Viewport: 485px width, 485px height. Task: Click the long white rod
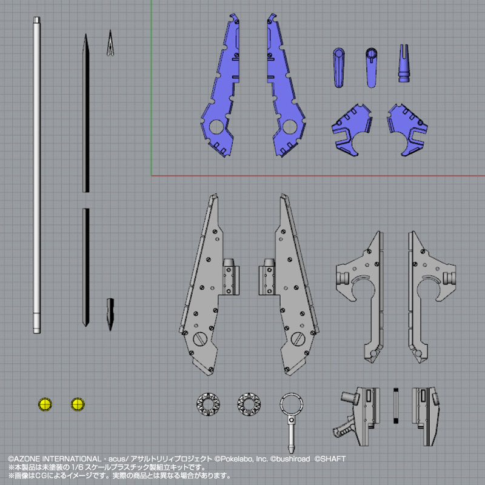pos(37,175)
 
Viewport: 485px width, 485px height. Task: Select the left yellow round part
pos(45,404)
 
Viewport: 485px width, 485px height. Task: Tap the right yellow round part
pos(78,404)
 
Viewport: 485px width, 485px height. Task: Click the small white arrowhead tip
pos(110,43)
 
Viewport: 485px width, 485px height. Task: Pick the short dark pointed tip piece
pos(110,314)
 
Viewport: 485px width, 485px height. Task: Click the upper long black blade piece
pos(86,113)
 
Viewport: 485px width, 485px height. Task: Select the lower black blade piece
pos(85,267)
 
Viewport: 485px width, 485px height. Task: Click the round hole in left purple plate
pos(216,127)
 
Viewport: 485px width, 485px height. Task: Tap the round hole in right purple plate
pos(290,127)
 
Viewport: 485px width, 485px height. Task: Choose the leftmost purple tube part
pos(339,67)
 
